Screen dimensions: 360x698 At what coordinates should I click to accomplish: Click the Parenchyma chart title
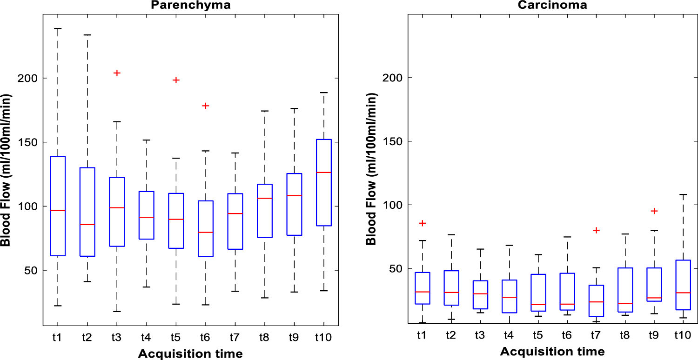point(190,5)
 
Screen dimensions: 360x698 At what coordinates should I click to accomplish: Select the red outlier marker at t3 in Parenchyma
point(117,73)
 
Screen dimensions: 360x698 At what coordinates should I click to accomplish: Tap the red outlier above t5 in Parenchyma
point(176,80)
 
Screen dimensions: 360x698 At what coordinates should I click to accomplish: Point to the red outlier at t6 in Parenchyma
point(206,106)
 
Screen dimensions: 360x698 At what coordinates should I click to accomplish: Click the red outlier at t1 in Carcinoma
point(422,223)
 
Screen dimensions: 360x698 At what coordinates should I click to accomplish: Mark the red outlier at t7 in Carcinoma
point(596,230)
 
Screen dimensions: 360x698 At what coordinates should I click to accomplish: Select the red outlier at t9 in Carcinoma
point(654,211)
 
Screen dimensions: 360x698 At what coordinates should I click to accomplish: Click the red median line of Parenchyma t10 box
point(324,173)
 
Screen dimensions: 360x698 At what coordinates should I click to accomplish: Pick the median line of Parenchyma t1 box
point(58,211)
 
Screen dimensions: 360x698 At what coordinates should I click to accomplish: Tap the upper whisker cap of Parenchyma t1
point(58,28)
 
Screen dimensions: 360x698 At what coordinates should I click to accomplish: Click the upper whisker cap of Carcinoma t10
point(683,194)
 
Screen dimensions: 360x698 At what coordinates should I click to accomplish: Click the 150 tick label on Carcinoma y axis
point(391,141)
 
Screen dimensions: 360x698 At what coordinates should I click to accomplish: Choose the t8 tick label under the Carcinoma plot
point(625,334)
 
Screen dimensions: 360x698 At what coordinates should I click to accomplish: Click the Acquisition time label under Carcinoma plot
point(552,351)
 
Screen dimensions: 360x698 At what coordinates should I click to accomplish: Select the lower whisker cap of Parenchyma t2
point(87,281)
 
